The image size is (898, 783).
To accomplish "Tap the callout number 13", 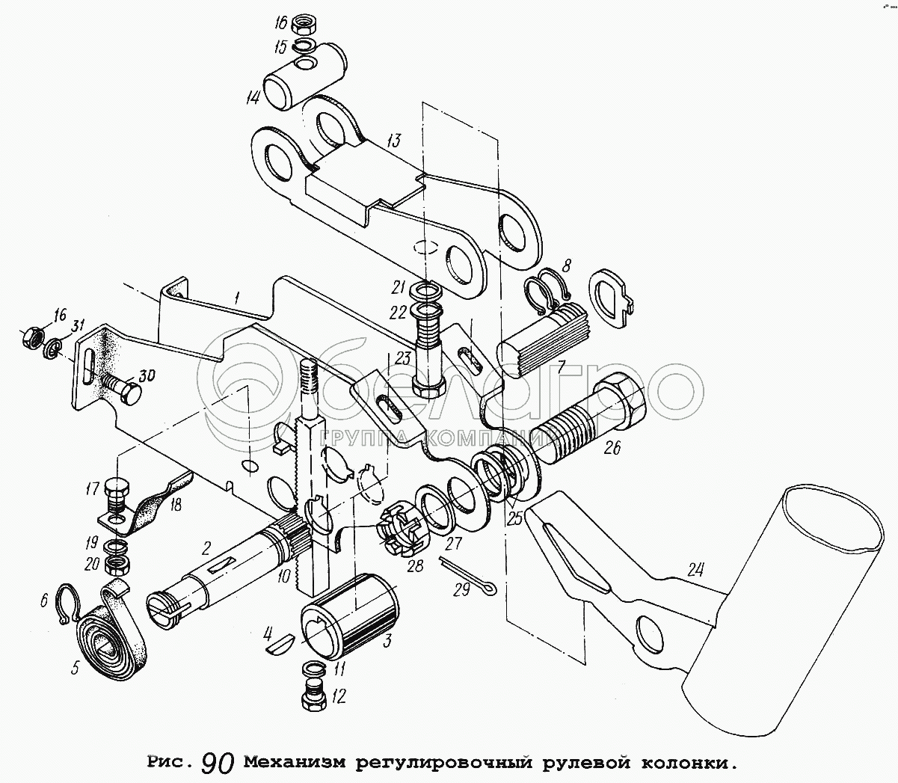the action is (394, 140).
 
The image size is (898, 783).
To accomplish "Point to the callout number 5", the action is (75, 668).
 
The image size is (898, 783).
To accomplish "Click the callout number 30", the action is (147, 377).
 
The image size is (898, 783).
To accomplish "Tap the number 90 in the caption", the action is (218, 762).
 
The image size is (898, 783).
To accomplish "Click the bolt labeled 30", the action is (121, 392).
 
